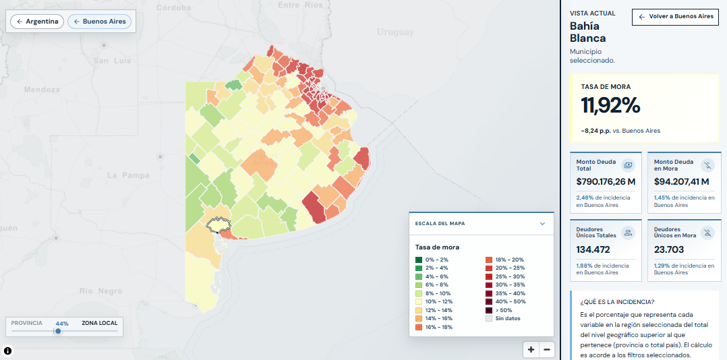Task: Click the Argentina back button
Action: [37, 22]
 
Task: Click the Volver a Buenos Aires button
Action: [675, 17]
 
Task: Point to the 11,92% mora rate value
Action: [610, 105]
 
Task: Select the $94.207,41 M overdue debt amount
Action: [682, 181]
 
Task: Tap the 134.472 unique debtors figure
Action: [593, 249]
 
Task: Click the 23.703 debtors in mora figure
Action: [669, 249]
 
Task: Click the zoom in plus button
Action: [531, 350]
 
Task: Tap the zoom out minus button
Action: [547, 350]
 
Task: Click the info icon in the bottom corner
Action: [8, 351]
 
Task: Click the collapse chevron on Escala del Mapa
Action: [542, 224]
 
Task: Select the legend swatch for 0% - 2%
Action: [419, 260]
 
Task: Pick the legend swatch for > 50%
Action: [489, 310]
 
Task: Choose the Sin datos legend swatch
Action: [489, 318]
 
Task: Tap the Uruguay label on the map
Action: [395, 32]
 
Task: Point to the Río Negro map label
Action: [100, 291]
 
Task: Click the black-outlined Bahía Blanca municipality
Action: [219, 224]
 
